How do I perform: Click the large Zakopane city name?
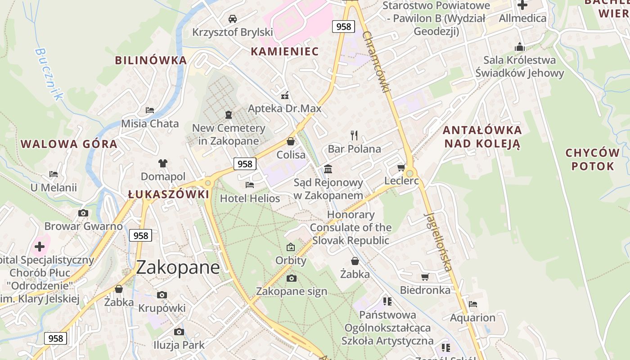[x=178, y=267]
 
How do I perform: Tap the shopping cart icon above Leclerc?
[x=401, y=168]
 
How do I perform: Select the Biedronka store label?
[x=425, y=290]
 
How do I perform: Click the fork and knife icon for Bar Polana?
[x=354, y=135]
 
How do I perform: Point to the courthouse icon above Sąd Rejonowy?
[x=328, y=169]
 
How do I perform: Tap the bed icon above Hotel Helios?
[x=250, y=184]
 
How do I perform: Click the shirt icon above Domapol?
[x=162, y=163]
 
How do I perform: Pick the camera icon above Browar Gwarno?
[x=83, y=213]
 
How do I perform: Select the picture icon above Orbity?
[x=291, y=247]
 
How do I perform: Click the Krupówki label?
[x=162, y=308]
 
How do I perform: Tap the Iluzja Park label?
[x=179, y=345]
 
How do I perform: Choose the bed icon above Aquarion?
[x=472, y=304]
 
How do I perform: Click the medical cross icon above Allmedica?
[x=522, y=5]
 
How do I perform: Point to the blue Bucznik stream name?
[x=49, y=74]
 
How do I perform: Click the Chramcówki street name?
[x=376, y=62]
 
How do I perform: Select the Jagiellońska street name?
[x=438, y=241]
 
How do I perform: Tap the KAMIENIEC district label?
[x=284, y=51]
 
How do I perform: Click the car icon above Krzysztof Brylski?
[x=233, y=19]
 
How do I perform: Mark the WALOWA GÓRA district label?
[x=69, y=144]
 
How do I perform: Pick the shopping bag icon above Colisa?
[x=291, y=141]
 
